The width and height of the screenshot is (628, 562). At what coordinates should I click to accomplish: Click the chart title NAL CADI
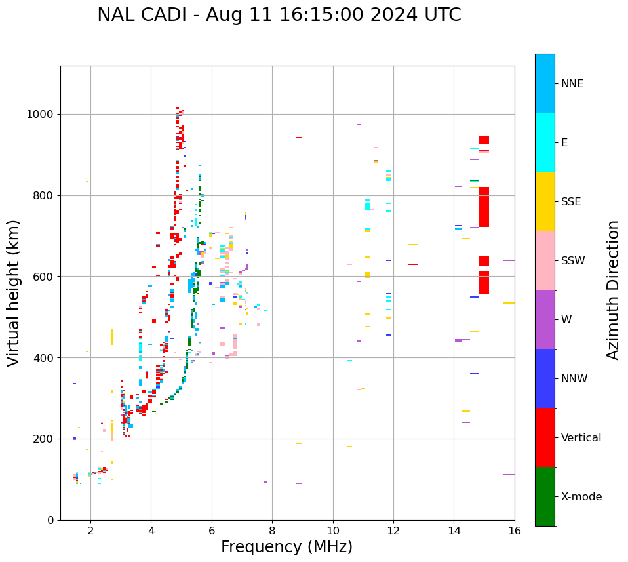pyautogui.click(x=279, y=15)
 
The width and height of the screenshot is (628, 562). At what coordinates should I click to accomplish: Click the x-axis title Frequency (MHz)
pyautogui.click(x=286, y=547)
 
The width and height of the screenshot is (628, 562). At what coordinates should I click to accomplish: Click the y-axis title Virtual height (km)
pyautogui.click(x=14, y=292)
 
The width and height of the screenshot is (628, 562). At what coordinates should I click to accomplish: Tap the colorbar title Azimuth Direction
pyautogui.click(x=613, y=290)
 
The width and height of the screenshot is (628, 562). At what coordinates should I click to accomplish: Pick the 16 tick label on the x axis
pyautogui.click(x=515, y=531)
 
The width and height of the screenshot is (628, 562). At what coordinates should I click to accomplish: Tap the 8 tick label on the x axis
pyautogui.click(x=272, y=531)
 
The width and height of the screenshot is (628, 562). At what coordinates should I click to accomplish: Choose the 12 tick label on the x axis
pyautogui.click(x=393, y=531)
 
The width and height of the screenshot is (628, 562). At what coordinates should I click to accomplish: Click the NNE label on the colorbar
pyautogui.click(x=572, y=84)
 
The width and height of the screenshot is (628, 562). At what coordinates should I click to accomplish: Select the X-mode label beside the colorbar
pyautogui.click(x=581, y=497)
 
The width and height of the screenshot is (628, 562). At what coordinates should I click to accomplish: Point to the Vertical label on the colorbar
pyautogui.click(x=581, y=438)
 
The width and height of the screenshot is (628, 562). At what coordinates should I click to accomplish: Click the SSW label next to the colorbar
pyautogui.click(x=573, y=261)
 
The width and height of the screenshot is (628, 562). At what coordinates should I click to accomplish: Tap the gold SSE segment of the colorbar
pyautogui.click(x=545, y=201)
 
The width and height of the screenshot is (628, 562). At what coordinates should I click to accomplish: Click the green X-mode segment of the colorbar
pyautogui.click(x=545, y=496)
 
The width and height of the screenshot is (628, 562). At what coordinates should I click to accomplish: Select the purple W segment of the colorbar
pyautogui.click(x=545, y=319)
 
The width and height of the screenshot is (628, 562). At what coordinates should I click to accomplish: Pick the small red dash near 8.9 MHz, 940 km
pyautogui.click(x=298, y=138)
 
